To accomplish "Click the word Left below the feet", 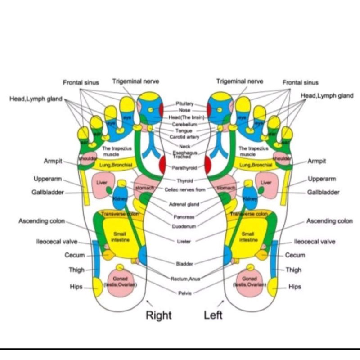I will [213, 315].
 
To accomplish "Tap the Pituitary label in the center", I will [184, 103].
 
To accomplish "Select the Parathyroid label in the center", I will [184, 168].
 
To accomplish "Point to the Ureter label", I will [184, 241].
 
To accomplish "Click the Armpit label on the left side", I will [53, 161].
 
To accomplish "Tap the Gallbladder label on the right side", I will [324, 193].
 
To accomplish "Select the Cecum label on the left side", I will [75, 255].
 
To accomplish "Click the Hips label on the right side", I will [295, 287].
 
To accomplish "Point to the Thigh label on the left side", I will [76, 270].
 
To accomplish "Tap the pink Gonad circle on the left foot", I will [249, 282].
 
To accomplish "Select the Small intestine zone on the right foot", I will [120, 236].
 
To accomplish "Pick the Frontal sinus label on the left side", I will [81, 82].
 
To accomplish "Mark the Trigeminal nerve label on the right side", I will [240, 81].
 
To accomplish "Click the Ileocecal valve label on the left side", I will [57, 242].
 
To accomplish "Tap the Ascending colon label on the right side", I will [329, 221].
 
